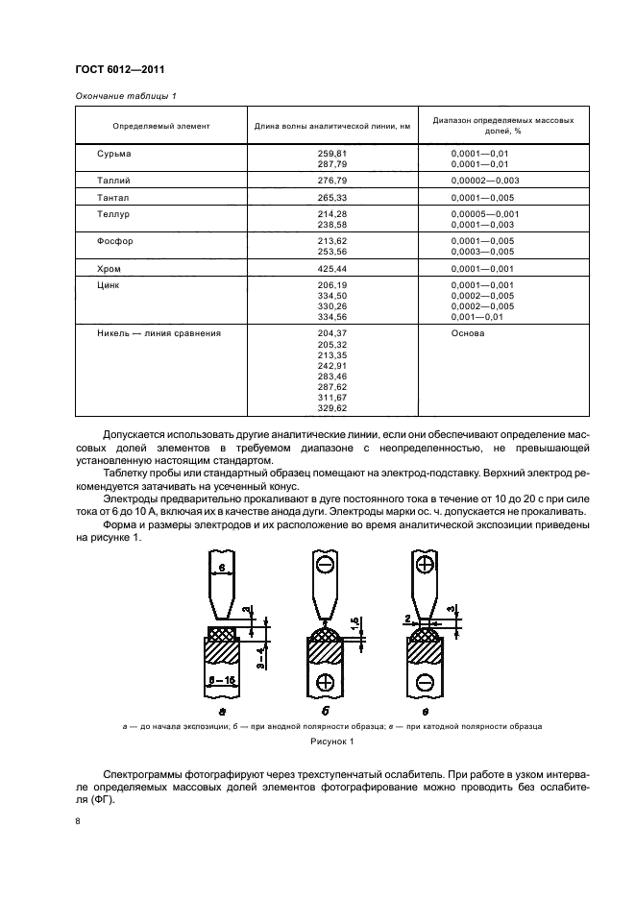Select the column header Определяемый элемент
pos(160,126)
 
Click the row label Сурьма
pos(113,153)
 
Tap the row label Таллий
pos(113,180)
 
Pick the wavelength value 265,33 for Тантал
pos(331,197)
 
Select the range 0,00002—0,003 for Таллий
pos(485,180)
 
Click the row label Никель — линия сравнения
pos(159,333)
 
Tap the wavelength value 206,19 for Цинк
pos(331,285)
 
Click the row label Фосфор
pos(115,241)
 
